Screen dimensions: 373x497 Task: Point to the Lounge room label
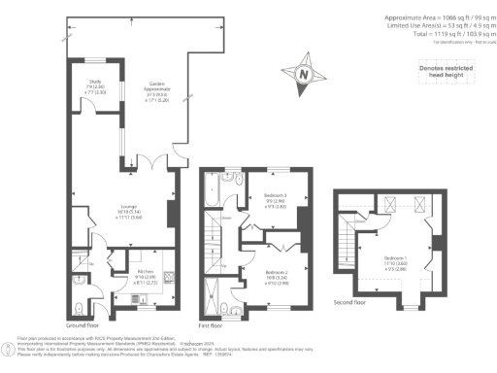point(128,212)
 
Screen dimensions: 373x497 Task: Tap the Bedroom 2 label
point(277,253)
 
